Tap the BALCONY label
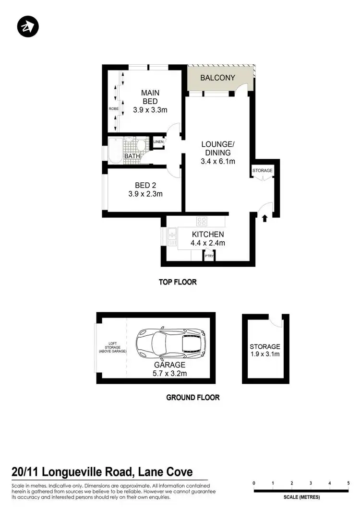[x=217, y=78]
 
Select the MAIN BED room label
[x=150, y=97]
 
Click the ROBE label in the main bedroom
[x=113, y=109]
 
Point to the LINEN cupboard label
[x=158, y=142]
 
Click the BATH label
[x=132, y=156]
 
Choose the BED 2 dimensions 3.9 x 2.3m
[x=145, y=194]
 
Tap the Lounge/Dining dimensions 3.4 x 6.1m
[x=217, y=162]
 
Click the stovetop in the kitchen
[x=202, y=222]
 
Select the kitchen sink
[x=171, y=234]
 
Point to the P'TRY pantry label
[x=209, y=256]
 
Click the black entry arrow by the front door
[x=264, y=219]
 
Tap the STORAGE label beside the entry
[x=263, y=171]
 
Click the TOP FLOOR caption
[x=178, y=282]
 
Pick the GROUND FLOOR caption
[x=192, y=397]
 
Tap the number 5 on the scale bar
[x=348, y=483]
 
